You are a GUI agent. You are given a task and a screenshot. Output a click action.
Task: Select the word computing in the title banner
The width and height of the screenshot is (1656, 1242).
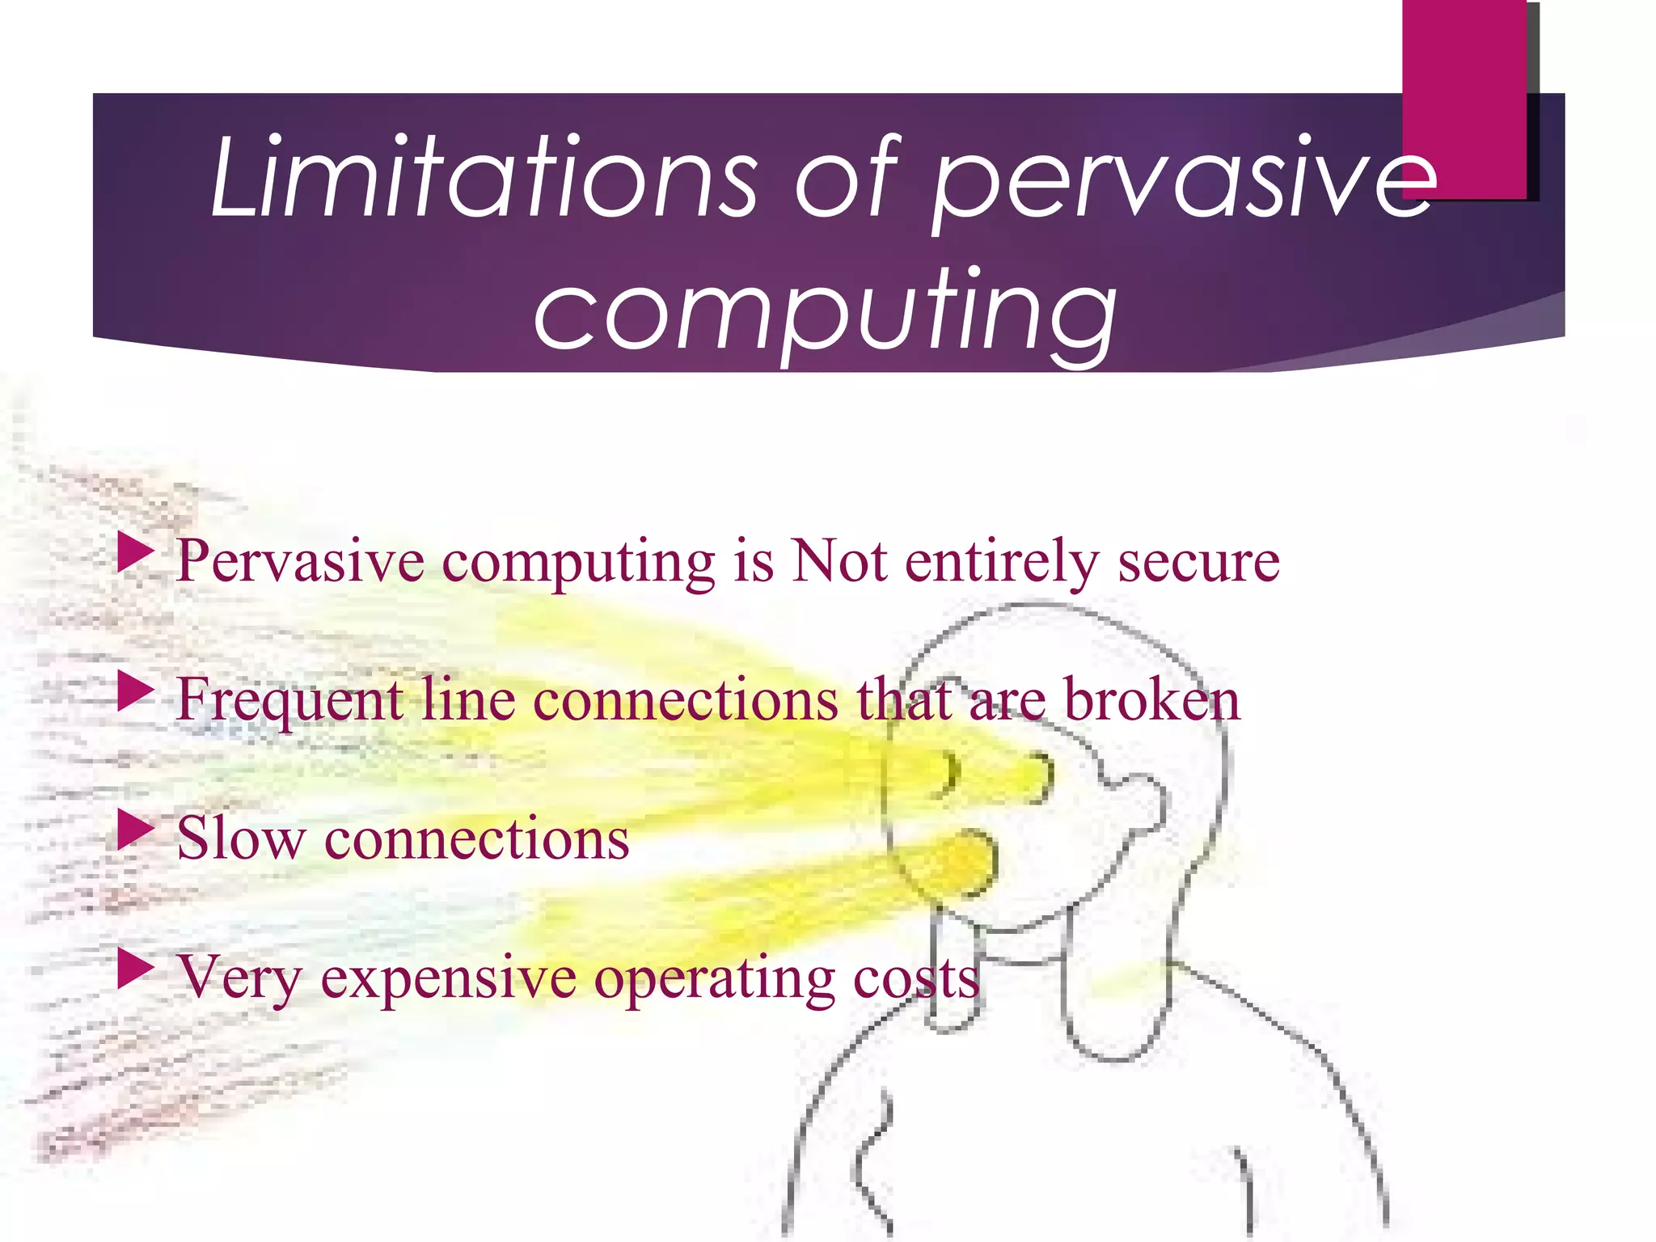pos(825,311)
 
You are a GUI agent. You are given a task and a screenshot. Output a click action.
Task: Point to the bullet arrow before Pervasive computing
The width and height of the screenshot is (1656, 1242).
pos(135,553)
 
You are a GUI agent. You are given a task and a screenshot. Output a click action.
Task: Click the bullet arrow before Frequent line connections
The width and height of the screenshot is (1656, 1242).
pos(135,692)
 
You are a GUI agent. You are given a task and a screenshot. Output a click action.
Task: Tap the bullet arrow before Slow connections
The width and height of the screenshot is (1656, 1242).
pos(135,830)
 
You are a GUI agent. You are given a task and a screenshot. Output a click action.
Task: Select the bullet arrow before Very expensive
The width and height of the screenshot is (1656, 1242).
pos(135,969)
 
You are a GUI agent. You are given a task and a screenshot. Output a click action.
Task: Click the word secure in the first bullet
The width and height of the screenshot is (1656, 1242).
pos(1198,561)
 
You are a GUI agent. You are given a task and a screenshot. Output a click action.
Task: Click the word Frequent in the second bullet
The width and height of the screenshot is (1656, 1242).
pos(289,700)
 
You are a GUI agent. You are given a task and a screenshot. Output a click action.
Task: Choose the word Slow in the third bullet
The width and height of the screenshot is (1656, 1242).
pos(241,838)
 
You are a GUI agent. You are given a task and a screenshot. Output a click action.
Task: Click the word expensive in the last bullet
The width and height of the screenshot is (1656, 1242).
pos(449,978)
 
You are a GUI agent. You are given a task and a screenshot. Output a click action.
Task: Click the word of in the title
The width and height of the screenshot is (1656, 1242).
pos(846,178)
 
